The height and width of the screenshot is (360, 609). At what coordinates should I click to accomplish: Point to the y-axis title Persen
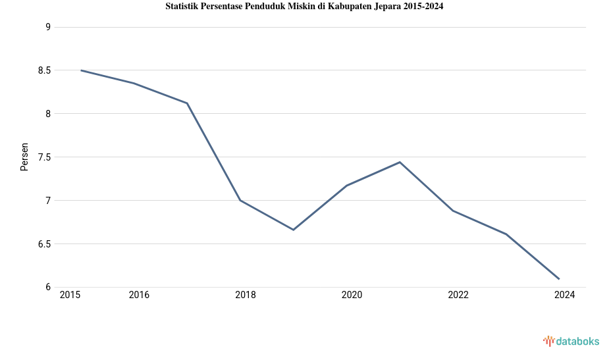coord(24,157)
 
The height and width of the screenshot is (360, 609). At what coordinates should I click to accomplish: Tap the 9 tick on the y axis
coord(48,27)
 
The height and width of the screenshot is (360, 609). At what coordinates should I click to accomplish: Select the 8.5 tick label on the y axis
coord(43,70)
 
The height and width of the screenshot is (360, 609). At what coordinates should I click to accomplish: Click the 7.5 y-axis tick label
coord(43,157)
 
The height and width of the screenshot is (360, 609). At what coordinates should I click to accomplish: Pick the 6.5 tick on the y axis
coord(43,244)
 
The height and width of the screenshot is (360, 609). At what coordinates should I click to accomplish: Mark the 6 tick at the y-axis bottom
coord(48,287)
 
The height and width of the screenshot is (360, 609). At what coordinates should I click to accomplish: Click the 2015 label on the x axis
coord(70,295)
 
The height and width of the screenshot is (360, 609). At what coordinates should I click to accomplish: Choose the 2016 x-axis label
coord(139,295)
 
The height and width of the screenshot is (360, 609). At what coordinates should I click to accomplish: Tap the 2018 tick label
coord(246,295)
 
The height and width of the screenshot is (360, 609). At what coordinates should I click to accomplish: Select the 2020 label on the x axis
coord(352,295)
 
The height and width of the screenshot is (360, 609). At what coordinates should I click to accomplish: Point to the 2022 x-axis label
coord(458,295)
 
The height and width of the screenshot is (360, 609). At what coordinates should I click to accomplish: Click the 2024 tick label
coord(564,295)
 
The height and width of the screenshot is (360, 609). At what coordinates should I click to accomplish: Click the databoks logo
coord(571,341)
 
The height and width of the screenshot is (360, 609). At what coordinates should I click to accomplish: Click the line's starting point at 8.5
coord(81,70)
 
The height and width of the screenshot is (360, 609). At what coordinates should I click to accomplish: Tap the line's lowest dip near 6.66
coord(293,230)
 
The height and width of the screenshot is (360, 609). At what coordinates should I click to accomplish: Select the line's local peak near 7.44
coord(400,162)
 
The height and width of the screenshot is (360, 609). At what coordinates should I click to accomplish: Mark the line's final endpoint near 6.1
coord(559,279)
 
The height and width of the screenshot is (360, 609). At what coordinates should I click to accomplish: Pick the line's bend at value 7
coord(240,200)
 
